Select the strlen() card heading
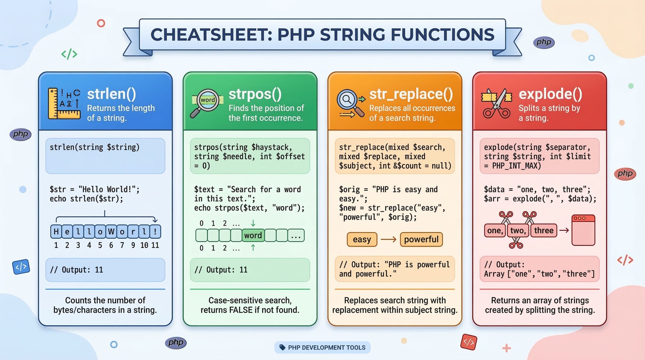point(112,94)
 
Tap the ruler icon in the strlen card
point(64,104)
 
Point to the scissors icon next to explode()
point(497,103)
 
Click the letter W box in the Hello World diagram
point(111,231)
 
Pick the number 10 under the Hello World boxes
point(144,245)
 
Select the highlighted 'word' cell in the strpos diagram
point(253,235)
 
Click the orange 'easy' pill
point(362,239)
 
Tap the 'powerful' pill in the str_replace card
point(421,239)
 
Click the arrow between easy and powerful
point(389,239)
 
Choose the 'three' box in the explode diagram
point(544,230)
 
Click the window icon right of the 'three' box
point(583,230)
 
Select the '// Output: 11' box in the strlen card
point(105,270)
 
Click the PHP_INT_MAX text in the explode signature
point(516,166)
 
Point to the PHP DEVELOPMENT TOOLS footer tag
point(322,347)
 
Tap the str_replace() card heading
point(411,94)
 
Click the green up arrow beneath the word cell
point(253,247)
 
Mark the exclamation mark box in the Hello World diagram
point(155,231)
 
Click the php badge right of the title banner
point(544,42)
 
